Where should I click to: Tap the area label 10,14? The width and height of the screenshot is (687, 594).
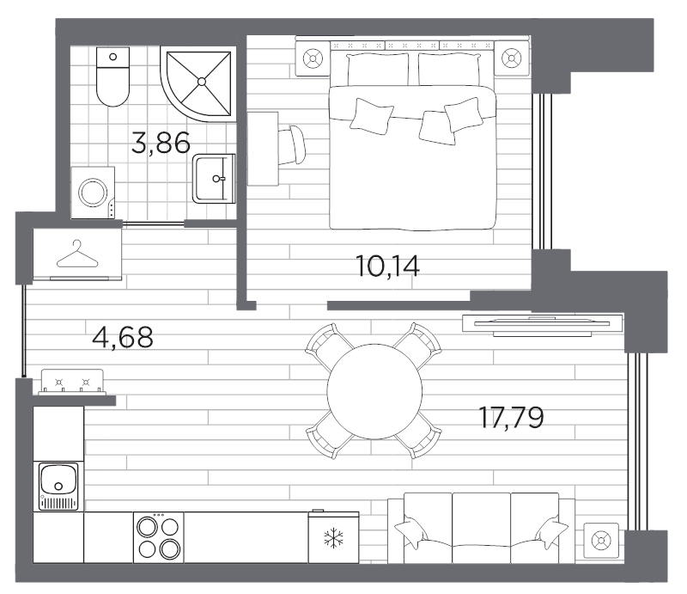387,266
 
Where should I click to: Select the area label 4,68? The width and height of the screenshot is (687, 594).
122,337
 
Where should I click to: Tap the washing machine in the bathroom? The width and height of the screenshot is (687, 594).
94,192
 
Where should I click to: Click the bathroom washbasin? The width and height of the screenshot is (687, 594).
213,179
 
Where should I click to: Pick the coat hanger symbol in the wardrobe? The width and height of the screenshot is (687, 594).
77,254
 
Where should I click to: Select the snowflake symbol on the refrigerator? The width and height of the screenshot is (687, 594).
333,539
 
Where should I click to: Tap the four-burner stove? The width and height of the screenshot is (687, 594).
158,537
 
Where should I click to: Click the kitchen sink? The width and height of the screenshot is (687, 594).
58,487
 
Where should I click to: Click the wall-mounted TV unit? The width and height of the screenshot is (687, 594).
541,323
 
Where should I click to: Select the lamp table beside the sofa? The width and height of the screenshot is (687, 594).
600,541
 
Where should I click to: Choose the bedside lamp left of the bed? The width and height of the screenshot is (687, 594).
312,58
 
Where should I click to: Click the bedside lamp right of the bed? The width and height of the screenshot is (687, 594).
512,58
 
